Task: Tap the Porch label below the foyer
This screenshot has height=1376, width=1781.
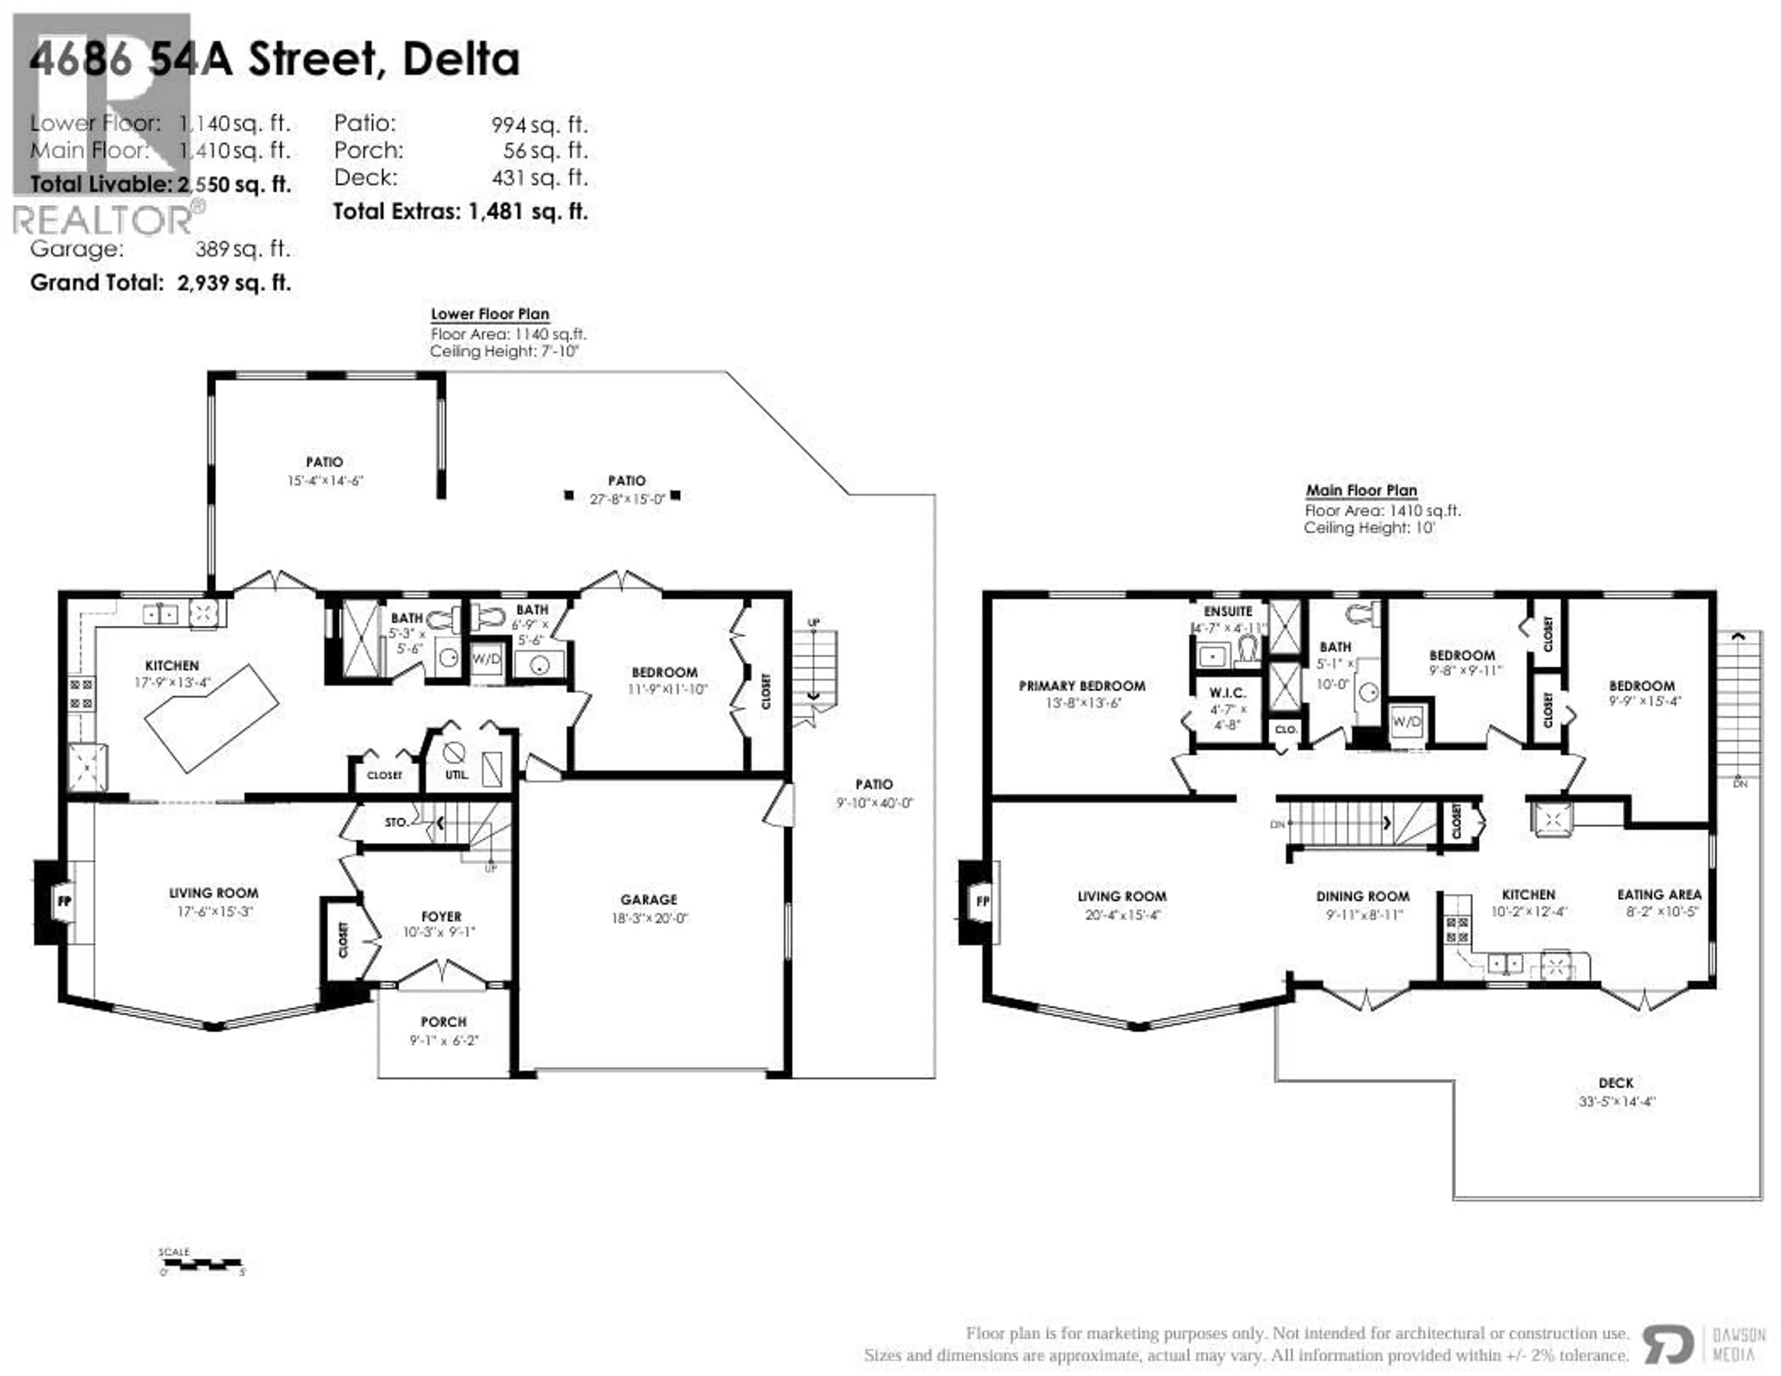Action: tap(443, 1021)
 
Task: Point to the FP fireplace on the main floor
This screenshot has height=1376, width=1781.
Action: tap(983, 901)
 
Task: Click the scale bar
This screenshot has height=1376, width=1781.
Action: tap(201, 1265)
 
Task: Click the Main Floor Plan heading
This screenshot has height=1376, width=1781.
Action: tap(1361, 490)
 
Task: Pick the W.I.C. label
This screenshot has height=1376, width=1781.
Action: tap(1227, 693)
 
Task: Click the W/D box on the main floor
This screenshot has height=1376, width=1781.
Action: tap(1407, 721)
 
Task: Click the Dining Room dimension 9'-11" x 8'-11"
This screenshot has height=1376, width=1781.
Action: tap(1364, 915)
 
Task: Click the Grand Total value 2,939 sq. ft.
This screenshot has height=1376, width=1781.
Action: tap(234, 283)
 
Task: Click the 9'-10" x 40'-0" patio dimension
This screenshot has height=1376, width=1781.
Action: tap(874, 804)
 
